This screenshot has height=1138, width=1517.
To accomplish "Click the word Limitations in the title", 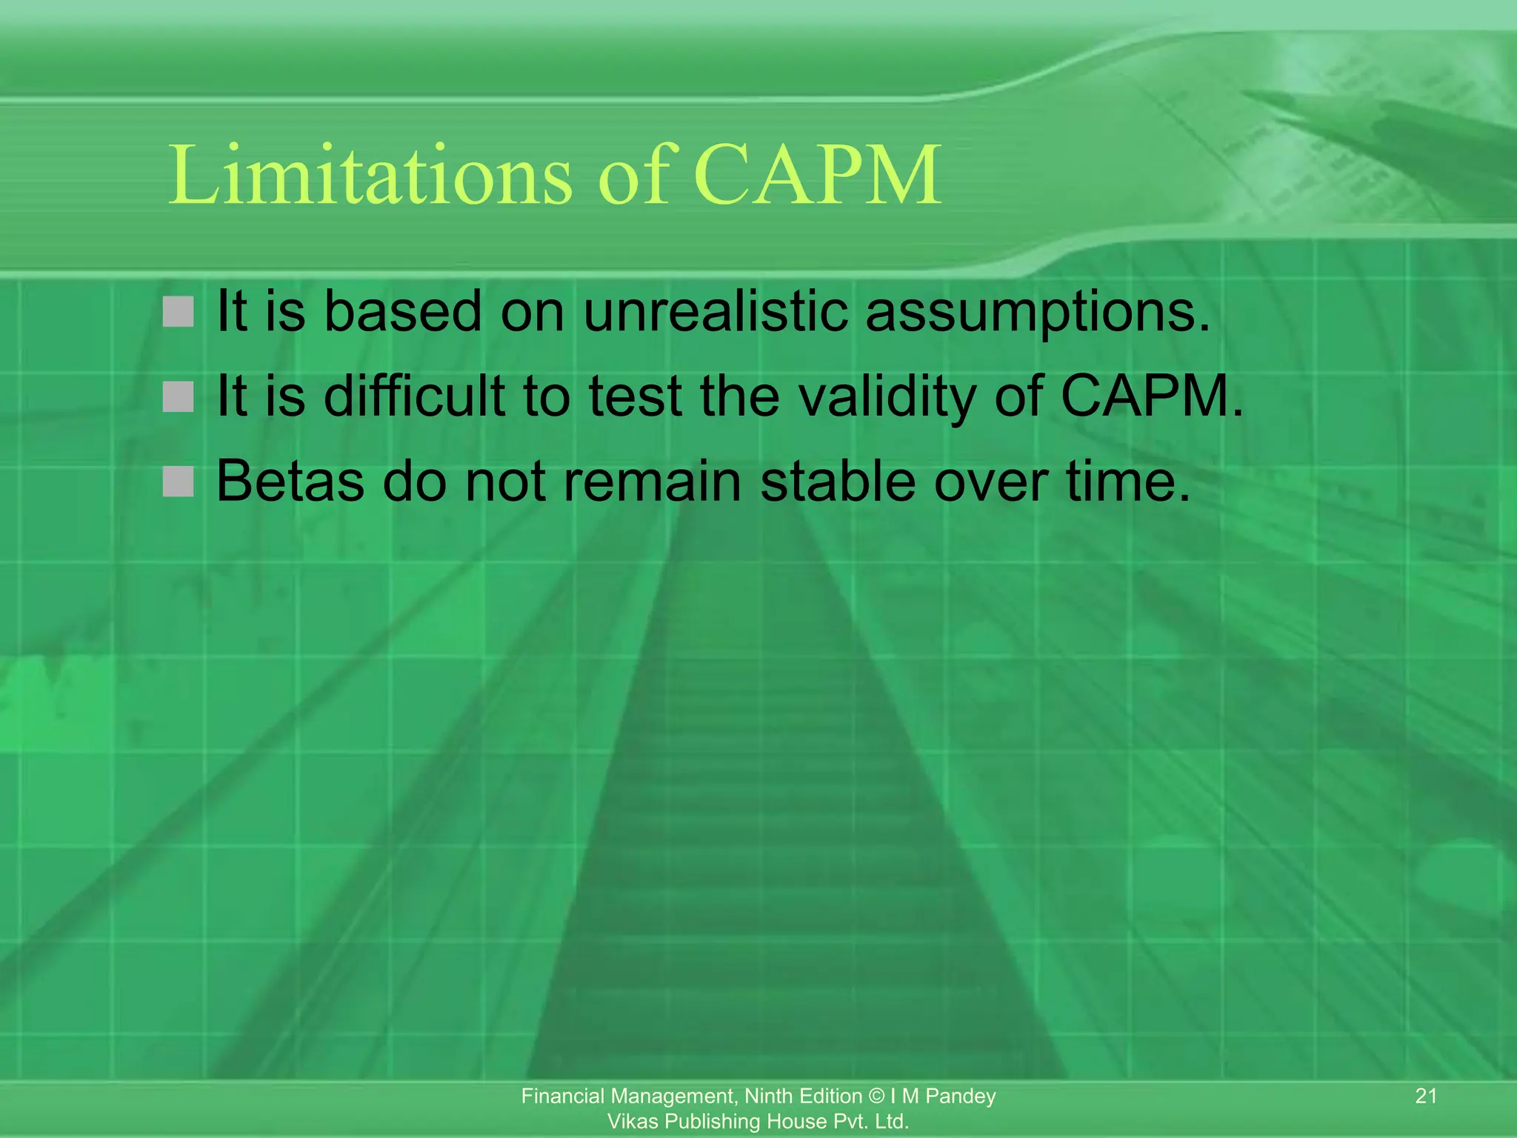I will click(370, 176).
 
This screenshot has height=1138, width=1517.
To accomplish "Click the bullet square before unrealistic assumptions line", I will click(178, 312).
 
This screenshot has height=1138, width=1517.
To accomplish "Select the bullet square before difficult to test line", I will click(178, 397).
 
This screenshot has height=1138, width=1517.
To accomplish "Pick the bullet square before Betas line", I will click(178, 482).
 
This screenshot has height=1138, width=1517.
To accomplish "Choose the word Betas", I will click(290, 482).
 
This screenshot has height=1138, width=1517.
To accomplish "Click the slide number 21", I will click(1426, 1096).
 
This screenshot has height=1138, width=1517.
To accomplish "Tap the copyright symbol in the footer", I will click(876, 1097).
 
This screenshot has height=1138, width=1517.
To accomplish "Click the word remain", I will click(652, 482).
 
